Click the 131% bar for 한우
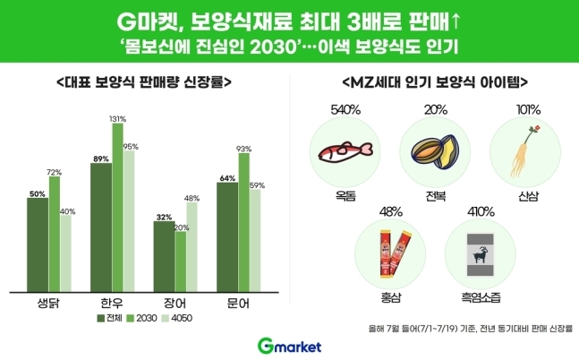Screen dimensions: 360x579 click(x=117, y=206)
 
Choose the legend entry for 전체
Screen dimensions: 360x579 click(x=111, y=318)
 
